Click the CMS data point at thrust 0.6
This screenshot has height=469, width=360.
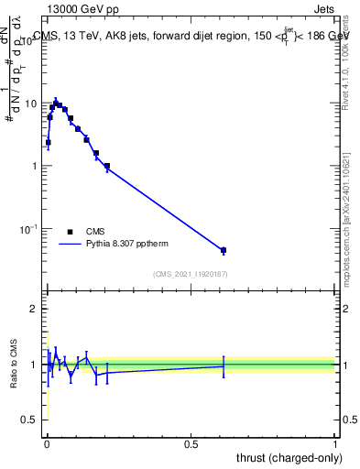pyautogui.click(x=223, y=250)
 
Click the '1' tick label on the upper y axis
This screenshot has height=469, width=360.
pyautogui.click(x=36, y=166)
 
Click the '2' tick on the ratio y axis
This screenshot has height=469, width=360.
pyautogui.click(x=36, y=309)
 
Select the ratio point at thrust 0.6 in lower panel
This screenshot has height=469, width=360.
pyautogui.click(x=223, y=365)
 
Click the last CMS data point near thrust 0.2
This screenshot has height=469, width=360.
pyautogui.click(x=107, y=166)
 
